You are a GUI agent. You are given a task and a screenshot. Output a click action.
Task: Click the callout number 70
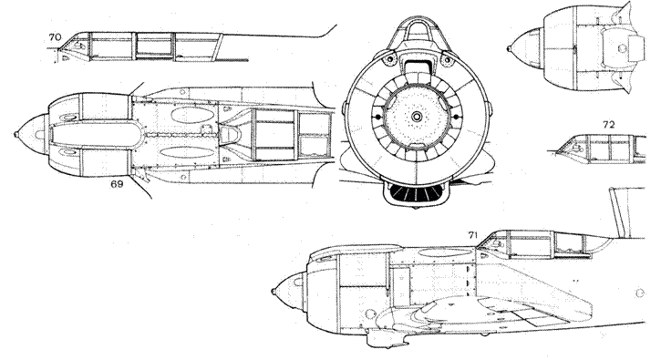tap(55, 36)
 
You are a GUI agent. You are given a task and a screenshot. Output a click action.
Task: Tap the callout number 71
tap(472, 236)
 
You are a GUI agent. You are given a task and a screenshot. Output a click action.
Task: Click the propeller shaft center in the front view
tap(417, 116)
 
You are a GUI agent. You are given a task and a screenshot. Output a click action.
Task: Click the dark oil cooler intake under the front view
tap(415, 192)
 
